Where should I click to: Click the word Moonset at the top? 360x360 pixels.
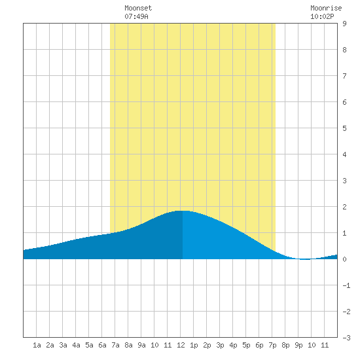pyautogui.click(x=138, y=8)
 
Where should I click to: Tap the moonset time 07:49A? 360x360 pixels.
pyautogui.click(x=136, y=16)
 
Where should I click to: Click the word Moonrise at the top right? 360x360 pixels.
pyautogui.click(x=326, y=8)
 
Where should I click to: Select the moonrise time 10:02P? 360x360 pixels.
pyautogui.click(x=322, y=16)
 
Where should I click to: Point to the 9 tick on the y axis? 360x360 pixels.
pyautogui.click(x=344, y=24)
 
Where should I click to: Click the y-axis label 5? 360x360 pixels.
pyautogui.click(x=344, y=128)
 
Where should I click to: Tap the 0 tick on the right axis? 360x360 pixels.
pyautogui.click(x=344, y=259)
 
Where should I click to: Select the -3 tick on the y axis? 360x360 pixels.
pyautogui.click(x=346, y=338)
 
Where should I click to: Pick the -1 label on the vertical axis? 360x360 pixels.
pyautogui.click(x=346, y=285)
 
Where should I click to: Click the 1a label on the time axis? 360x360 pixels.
pyautogui.click(x=37, y=345)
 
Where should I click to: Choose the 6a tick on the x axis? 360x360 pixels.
pyautogui.click(x=102, y=345)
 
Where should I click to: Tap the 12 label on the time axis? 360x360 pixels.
pyautogui.click(x=181, y=345)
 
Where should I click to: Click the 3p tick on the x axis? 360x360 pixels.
pyautogui.click(x=220, y=345)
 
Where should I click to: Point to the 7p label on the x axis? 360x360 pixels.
pyautogui.click(x=272, y=345)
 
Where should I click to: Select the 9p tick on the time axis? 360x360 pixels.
pyautogui.click(x=298, y=345)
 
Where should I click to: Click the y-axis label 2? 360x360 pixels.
pyautogui.click(x=344, y=207)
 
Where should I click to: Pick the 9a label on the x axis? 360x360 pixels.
pyautogui.click(x=141, y=345)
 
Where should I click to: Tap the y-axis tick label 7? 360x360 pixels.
pyautogui.click(x=344, y=76)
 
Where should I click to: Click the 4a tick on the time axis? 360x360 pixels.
pyautogui.click(x=76, y=345)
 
